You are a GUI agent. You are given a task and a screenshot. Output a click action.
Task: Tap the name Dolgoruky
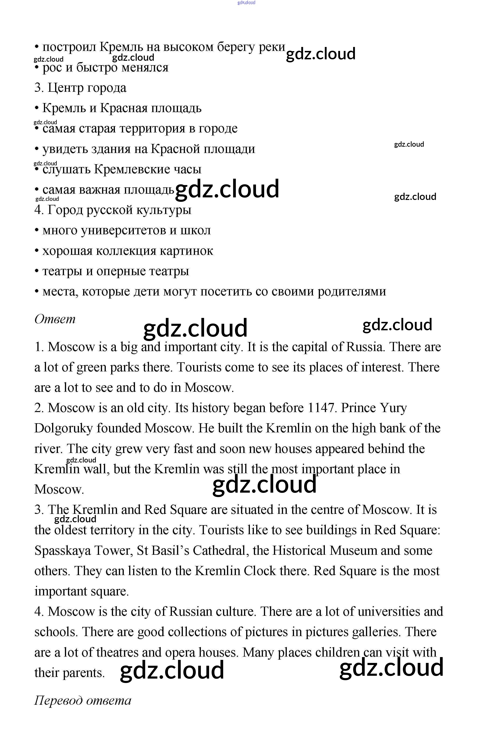(63, 428)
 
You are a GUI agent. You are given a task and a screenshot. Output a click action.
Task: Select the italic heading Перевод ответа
(82, 700)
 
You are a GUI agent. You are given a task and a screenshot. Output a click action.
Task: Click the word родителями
(351, 292)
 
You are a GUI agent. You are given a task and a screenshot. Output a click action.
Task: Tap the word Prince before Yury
(358, 408)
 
